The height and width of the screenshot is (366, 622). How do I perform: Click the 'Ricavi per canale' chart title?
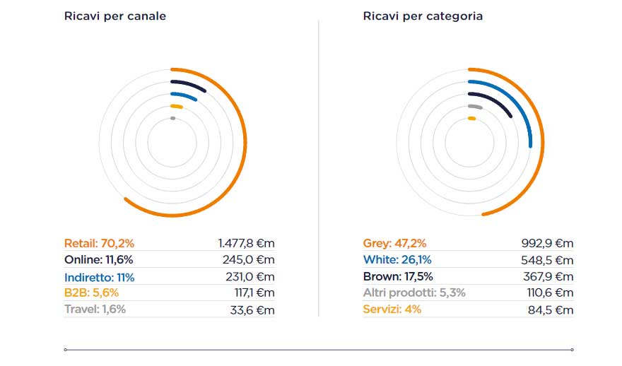click(x=115, y=16)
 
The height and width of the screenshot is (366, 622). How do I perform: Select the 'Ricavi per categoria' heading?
click(x=423, y=16)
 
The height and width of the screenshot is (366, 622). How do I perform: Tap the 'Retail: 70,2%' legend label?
click(x=99, y=243)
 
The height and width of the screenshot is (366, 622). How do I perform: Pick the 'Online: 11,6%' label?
click(x=98, y=260)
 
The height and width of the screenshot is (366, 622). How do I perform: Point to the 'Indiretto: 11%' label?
click(x=99, y=277)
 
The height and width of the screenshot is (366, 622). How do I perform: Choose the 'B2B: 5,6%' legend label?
click(x=91, y=293)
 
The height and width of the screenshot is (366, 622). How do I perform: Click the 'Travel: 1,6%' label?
click(x=95, y=309)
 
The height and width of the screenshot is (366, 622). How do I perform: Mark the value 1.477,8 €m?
click(x=246, y=243)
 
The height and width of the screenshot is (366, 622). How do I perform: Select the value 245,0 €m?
click(x=251, y=260)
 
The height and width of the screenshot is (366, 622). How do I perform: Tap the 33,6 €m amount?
click(x=254, y=309)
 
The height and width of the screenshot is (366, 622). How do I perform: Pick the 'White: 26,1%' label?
click(x=397, y=260)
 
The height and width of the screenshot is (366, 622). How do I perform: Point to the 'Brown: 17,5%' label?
click(x=398, y=277)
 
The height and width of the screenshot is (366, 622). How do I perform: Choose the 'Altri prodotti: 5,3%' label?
click(x=414, y=293)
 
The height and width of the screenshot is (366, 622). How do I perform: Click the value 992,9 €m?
click(x=547, y=243)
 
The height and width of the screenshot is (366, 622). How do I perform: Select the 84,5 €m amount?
click(x=551, y=309)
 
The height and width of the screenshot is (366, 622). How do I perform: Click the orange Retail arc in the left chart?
click(x=245, y=141)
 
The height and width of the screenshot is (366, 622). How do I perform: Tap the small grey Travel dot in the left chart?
click(x=172, y=119)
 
